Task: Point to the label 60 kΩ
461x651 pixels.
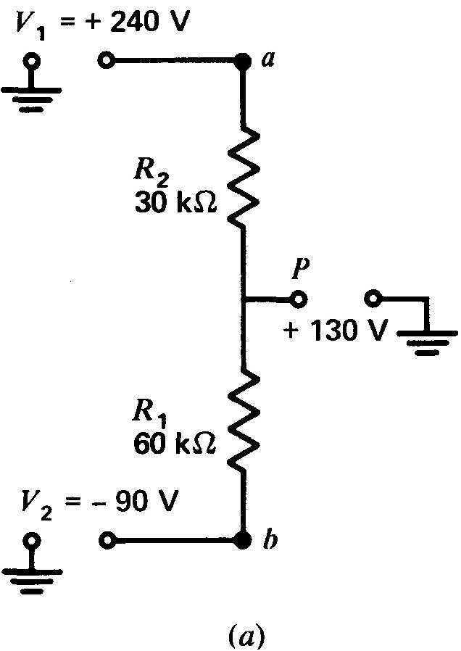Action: pyautogui.click(x=176, y=442)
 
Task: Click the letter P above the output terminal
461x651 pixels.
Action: pyautogui.click(x=299, y=268)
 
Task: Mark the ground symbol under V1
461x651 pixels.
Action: pyautogui.click(x=31, y=91)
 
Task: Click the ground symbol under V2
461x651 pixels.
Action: pyautogui.click(x=31, y=569)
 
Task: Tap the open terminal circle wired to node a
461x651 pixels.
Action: pyautogui.click(x=107, y=61)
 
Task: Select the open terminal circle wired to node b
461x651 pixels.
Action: pyautogui.click(x=107, y=540)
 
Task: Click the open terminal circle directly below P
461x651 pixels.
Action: pyautogui.click(x=298, y=299)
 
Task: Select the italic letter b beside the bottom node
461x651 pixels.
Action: pyautogui.click(x=268, y=542)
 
